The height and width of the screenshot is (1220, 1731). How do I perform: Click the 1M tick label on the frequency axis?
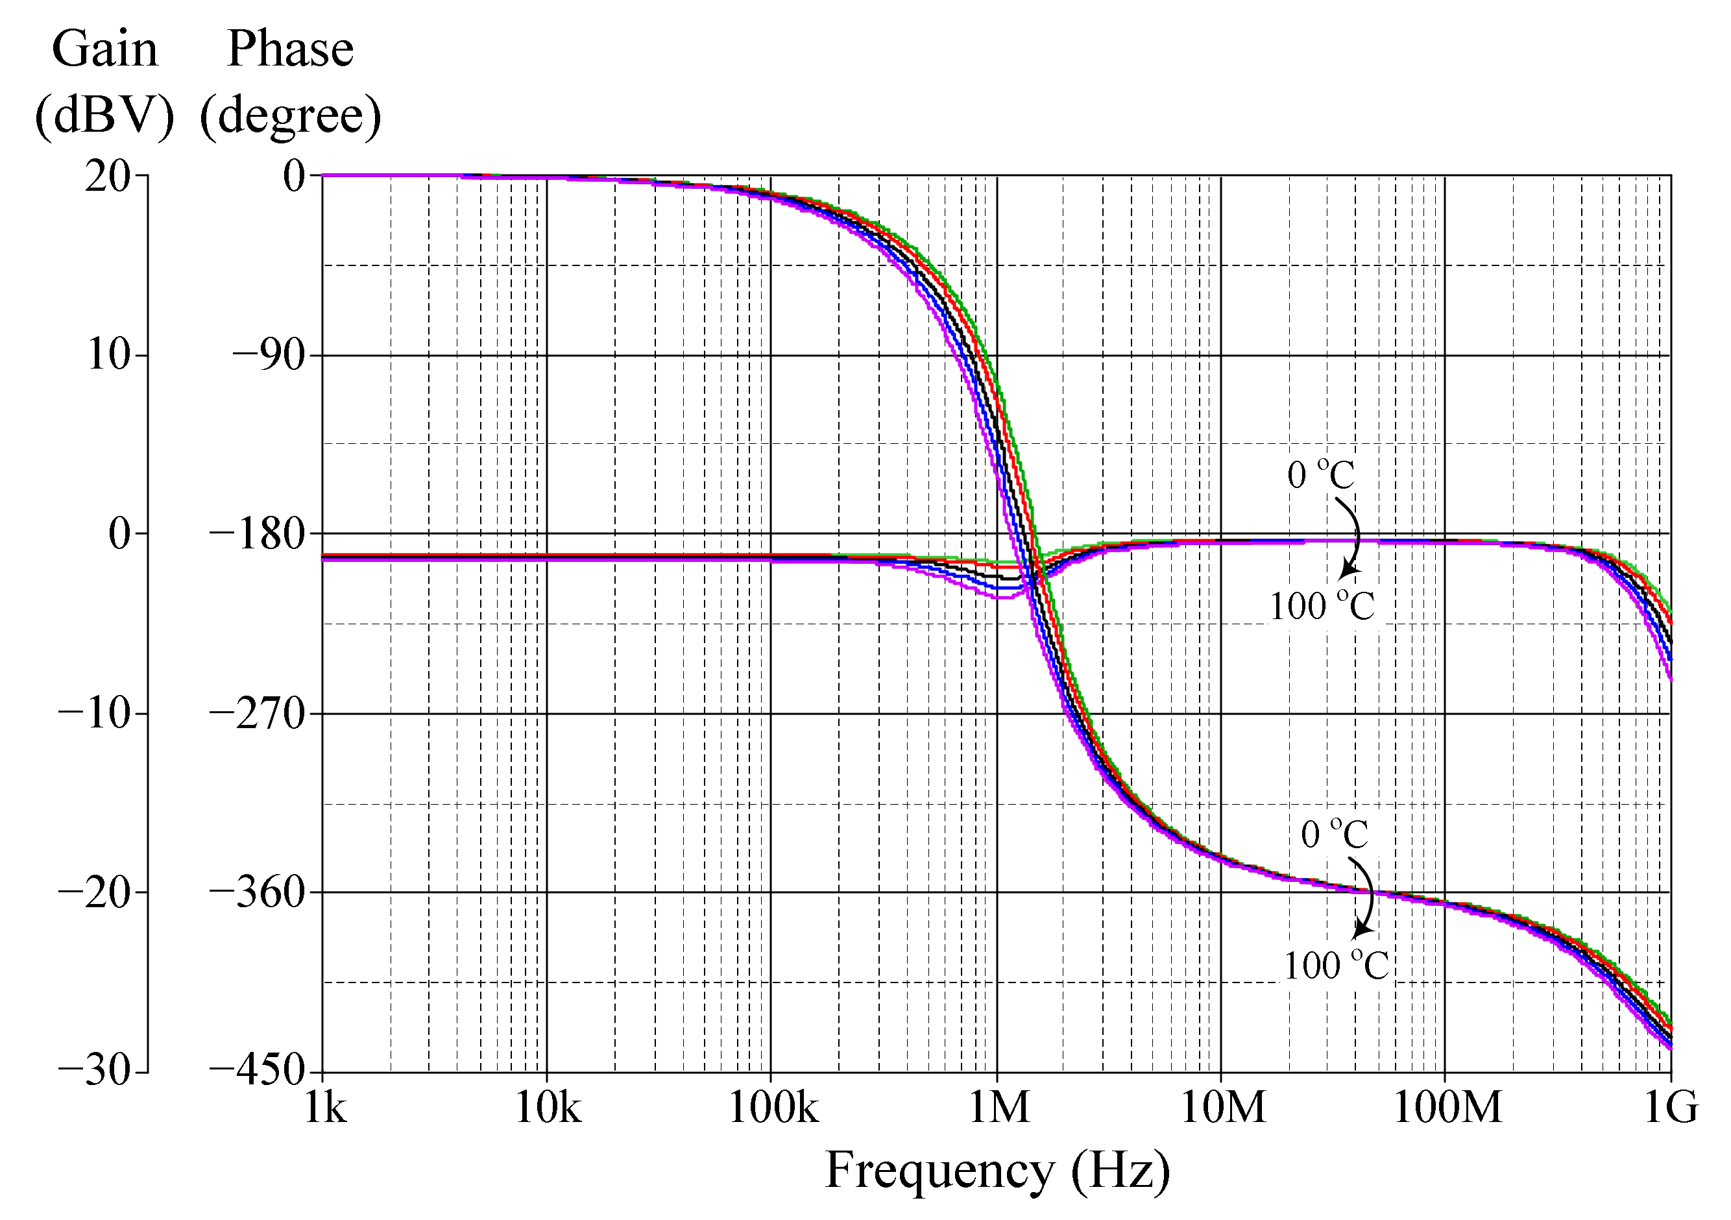pos(999,1108)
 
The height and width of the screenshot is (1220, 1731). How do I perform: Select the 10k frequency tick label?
pos(548,1108)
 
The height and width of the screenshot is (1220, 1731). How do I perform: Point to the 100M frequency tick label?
pos(1447,1108)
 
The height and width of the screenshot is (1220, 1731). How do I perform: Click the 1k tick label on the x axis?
pos(325,1108)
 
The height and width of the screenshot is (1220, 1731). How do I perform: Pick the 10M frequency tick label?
pos(1223,1108)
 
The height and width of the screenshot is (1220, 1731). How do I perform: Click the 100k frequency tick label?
pos(773,1108)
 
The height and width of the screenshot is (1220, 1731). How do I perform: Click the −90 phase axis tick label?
pos(269,354)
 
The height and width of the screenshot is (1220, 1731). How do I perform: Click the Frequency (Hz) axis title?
pos(997,1170)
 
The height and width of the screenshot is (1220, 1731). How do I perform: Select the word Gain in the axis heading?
pos(105,49)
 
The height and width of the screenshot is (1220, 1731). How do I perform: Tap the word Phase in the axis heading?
pos(290,49)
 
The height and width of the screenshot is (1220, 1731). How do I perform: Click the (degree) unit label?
pos(290,116)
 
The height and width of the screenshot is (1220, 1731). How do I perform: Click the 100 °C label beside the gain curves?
pos(1322,606)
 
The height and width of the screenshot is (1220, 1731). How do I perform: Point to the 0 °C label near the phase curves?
pos(1335,834)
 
